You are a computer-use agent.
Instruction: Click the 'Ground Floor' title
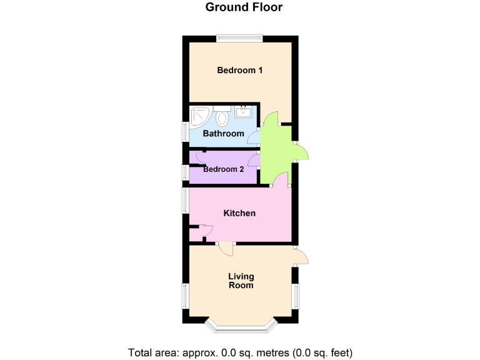tap(244, 8)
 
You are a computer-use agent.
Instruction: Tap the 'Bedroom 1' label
tap(239, 70)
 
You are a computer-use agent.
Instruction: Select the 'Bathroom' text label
tap(223, 133)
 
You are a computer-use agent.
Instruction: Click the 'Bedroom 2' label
tap(223, 169)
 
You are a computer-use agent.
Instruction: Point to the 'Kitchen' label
tap(239, 213)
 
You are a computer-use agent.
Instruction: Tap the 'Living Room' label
tap(241, 281)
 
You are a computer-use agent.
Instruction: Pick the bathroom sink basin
tap(243, 112)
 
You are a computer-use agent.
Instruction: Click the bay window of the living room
tap(241, 325)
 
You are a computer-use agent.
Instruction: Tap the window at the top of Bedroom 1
tap(239, 38)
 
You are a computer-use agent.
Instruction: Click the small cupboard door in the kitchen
tap(204, 230)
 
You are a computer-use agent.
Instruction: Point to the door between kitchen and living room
tap(226, 249)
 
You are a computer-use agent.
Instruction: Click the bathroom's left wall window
tap(185, 132)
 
